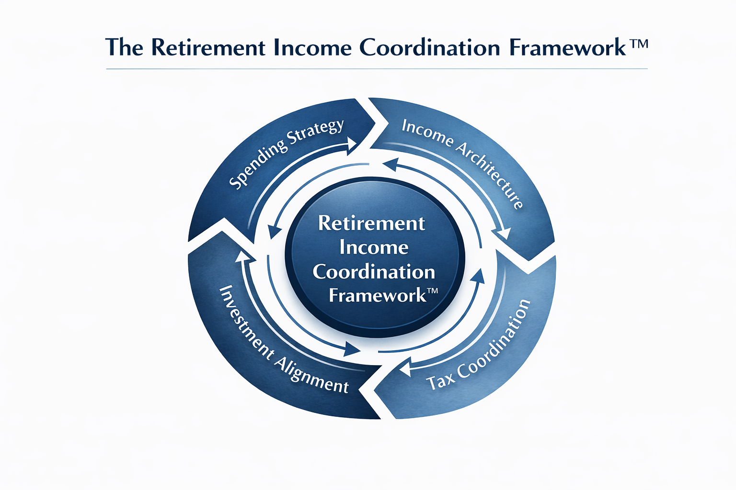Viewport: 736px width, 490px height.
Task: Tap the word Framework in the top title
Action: pos(567,48)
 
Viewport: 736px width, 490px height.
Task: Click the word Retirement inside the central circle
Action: pos(371,223)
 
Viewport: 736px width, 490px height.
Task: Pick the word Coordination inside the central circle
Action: pos(374,272)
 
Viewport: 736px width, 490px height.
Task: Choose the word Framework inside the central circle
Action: pos(377,295)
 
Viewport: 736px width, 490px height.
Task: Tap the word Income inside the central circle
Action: pos(374,247)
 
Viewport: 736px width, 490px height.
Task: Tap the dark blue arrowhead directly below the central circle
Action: pos(353,349)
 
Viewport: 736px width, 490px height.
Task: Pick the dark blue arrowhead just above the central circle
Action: pos(389,165)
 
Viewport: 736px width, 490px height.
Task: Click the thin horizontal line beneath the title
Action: pos(377,69)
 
